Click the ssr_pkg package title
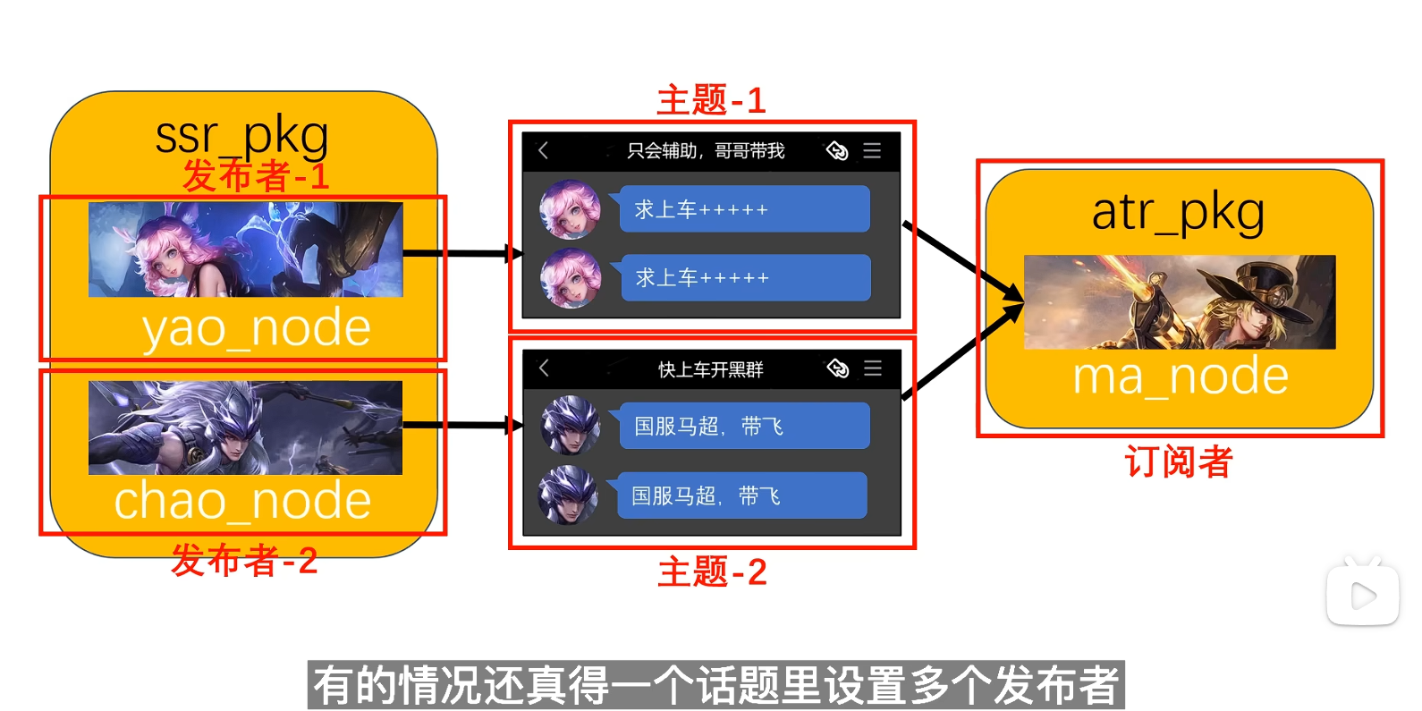click(x=241, y=136)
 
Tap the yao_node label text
click(x=257, y=328)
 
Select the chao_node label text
click(x=242, y=500)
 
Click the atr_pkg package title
click(x=1178, y=213)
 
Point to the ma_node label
click(x=1181, y=376)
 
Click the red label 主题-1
click(x=711, y=100)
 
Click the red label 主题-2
click(x=712, y=571)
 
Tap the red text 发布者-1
click(x=256, y=176)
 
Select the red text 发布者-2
click(x=244, y=561)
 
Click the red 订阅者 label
click(x=1179, y=462)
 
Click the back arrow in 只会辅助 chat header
click(x=543, y=150)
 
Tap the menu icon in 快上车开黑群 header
click(x=873, y=368)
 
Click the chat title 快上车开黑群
click(x=710, y=369)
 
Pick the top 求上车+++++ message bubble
click(x=744, y=209)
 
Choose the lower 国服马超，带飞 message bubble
click(x=741, y=495)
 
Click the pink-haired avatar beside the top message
click(x=570, y=209)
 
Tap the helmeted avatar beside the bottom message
click(x=568, y=495)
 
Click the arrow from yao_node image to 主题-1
click(x=461, y=253)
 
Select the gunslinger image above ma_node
click(x=1179, y=302)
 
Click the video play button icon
click(x=1362, y=596)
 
